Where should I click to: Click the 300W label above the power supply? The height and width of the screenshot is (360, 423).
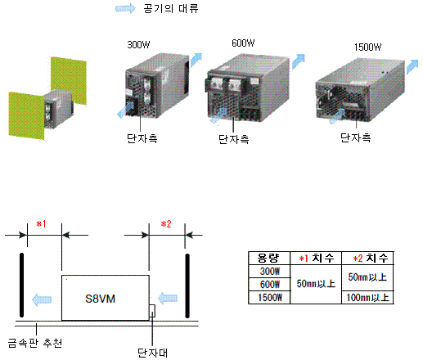tap(138, 44)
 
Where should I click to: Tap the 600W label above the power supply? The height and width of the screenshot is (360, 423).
tap(243, 43)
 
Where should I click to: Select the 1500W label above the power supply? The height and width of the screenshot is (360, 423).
tap(367, 47)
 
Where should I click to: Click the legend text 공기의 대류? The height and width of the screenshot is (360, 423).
tap(171, 8)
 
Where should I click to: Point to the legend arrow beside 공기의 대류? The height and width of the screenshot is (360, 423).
tap(125, 8)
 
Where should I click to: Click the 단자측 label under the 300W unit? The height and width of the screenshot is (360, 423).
tap(142, 138)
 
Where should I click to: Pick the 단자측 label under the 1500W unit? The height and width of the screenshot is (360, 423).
tap(356, 137)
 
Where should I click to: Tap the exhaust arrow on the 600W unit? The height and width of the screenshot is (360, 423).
tap(298, 61)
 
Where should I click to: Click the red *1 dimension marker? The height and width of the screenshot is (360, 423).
tap(41, 224)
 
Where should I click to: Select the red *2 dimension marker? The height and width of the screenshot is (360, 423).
tap(166, 224)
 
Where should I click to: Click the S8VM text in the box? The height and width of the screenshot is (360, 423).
tap(100, 299)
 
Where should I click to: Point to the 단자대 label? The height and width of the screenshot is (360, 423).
tap(152, 353)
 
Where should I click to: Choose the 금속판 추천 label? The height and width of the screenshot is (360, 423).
tap(35, 343)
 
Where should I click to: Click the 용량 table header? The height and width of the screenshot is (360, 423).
tap(268, 258)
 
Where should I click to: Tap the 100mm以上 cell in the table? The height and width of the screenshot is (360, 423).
tap(367, 297)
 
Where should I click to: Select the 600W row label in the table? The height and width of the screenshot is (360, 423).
tap(270, 285)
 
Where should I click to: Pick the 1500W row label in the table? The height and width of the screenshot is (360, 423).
tap(270, 297)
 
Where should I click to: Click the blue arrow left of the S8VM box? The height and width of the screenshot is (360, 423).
tap(42, 299)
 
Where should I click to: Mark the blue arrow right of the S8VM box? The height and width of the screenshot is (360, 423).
tap(168, 298)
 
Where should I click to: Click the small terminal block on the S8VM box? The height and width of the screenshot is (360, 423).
tap(152, 311)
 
